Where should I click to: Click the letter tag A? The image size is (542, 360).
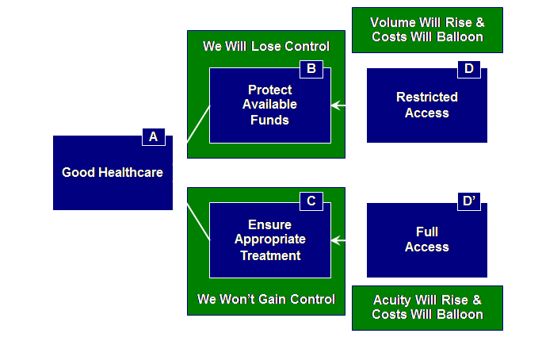[x=153, y=137]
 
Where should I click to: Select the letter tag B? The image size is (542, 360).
[x=311, y=69]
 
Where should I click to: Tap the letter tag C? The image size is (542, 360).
[x=311, y=201]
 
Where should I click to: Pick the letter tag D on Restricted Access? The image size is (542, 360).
[x=468, y=69]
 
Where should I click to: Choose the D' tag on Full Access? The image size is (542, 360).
[x=468, y=201]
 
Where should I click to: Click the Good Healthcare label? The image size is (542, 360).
[x=113, y=172]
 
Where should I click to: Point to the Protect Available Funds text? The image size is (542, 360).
[x=269, y=105]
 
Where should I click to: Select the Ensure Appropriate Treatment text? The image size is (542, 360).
[x=269, y=240]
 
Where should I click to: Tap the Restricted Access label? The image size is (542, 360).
[x=427, y=105]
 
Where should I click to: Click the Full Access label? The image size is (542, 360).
[x=427, y=239]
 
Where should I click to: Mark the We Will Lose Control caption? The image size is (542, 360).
[x=266, y=46]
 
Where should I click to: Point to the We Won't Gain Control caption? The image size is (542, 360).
[x=266, y=300]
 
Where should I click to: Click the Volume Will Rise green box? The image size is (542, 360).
[x=427, y=30]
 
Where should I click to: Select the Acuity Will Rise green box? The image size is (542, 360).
[x=427, y=308]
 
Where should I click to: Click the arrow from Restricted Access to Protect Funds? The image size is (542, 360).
[x=349, y=105]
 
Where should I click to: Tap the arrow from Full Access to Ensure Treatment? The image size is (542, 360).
[x=349, y=239]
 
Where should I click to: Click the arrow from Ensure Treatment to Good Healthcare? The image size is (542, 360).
[x=192, y=210]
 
